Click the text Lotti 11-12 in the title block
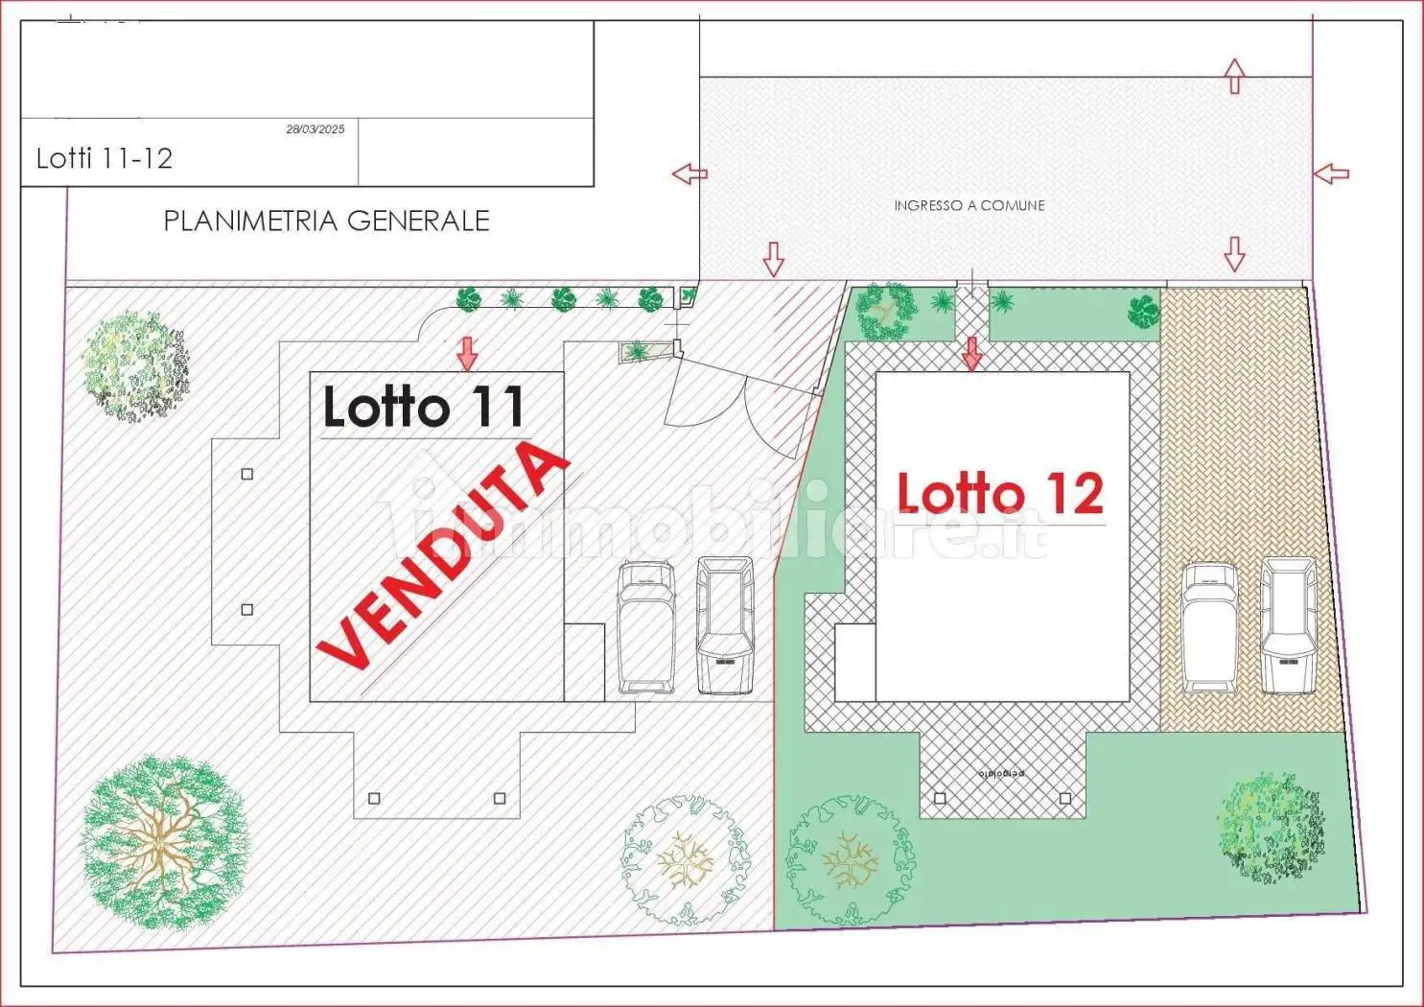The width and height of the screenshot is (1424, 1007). click(x=104, y=158)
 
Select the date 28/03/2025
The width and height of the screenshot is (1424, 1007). click(x=315, y=129)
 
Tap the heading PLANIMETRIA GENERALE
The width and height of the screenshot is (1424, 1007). click(x=326, y=222)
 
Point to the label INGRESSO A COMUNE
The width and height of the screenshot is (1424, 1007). click(x=969, y=205)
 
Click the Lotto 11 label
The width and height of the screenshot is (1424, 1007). click(x=423, y=408)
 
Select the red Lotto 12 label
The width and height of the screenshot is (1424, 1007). click(x=999, y=493)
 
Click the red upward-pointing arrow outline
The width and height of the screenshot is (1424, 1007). click(x=1234, y=76)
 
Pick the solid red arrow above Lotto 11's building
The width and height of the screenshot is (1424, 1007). click(x=467, y=353)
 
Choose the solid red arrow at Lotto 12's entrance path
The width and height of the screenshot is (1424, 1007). click(x=972, y=353)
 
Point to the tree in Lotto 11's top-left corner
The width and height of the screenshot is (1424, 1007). click(x=134, y=364)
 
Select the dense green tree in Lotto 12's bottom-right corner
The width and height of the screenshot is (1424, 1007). click(x=1272, y=827)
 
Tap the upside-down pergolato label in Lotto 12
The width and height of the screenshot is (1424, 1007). click(x=1001, y=773)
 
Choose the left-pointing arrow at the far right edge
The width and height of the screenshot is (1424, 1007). click(x=1330, y=174)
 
